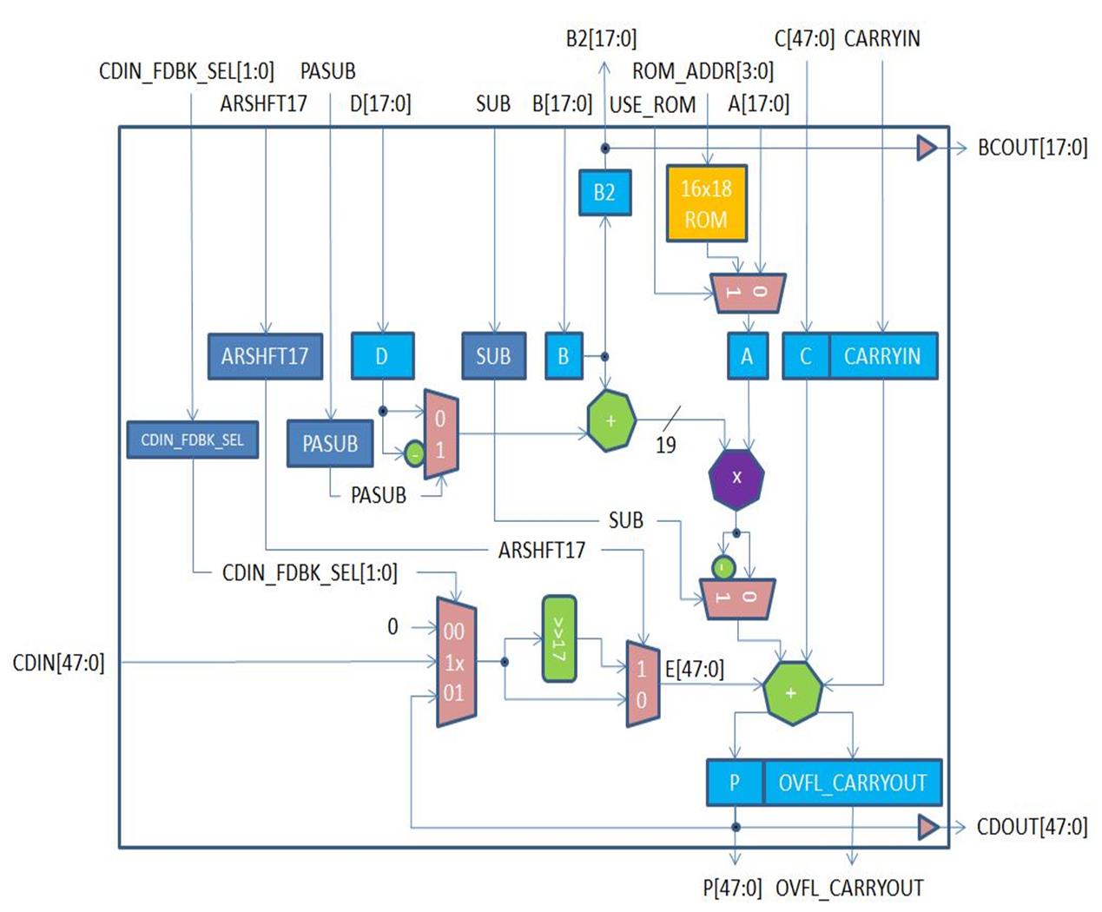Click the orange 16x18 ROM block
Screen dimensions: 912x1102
[x=706, y=202]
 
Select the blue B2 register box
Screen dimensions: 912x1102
[x=604, y=192]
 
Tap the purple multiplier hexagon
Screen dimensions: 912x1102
[x=736, y=477]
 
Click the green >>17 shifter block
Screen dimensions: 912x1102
[x=558, y=638]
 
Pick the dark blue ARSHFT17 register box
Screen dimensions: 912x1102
[x=265, y=356]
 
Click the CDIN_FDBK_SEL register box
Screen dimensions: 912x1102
[x=192, y=439]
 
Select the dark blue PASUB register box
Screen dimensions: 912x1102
[x=330, y=443]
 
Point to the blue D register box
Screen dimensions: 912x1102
[x=382, y=356]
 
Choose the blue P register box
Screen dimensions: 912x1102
[x=735, y=783]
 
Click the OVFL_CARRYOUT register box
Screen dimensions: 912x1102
[x=852, y=783]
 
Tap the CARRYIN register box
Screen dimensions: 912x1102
[x=882, y=356]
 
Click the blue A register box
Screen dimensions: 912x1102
[x=747, y=356]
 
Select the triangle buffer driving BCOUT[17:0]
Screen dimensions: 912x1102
[x=927, y=149]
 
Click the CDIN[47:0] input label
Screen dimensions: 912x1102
[x=58, y=663]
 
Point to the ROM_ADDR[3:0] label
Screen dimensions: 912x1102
[x=703, y=71]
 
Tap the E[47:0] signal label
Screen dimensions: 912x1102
[x=694, y=669]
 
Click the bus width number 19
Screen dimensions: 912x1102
[x=665, y=445]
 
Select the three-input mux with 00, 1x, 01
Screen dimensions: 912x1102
[x=455, y=662]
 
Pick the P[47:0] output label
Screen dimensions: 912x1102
[x=732, y=888]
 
